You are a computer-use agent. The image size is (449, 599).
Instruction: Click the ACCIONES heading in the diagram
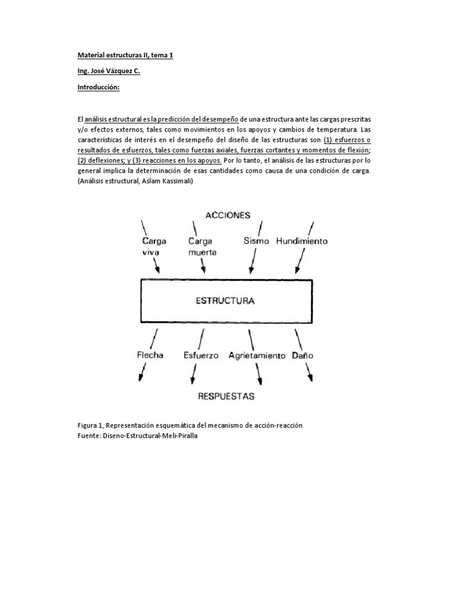point(228,215)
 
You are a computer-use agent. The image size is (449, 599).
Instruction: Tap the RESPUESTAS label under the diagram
point(226,396)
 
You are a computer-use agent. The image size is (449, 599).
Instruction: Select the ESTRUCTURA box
point(226,301)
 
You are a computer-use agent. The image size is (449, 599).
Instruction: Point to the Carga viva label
point(154,246)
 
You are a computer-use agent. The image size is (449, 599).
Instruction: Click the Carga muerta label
point(202,246)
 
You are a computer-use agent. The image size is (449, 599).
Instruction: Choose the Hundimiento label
point(302,240)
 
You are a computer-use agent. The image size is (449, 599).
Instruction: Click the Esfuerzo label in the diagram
point(201,354)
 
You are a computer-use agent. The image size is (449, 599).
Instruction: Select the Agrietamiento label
point(257,355)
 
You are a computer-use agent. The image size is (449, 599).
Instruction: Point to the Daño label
point(301,354)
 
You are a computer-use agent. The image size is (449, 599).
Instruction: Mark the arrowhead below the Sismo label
point(251,270)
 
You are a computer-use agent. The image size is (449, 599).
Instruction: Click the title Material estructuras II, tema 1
point(125,56)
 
